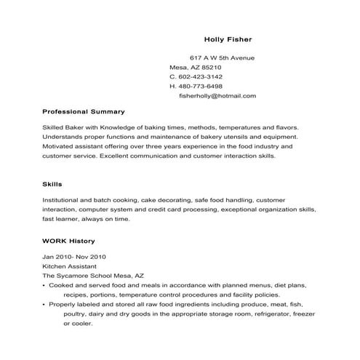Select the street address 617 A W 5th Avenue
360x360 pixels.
(x=223, y=57)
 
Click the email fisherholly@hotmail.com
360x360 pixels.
(x=217, y=95)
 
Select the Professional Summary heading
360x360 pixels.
(x=84, y=112)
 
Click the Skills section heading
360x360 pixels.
(x=52, y=184)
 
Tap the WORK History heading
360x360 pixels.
(x=69, y=240)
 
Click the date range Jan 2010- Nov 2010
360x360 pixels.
(x=75, y=257)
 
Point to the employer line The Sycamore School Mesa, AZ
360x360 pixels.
(x=93, y=276)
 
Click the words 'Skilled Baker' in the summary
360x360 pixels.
(x=63, y=127)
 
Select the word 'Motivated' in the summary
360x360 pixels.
(x=59, y=145)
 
